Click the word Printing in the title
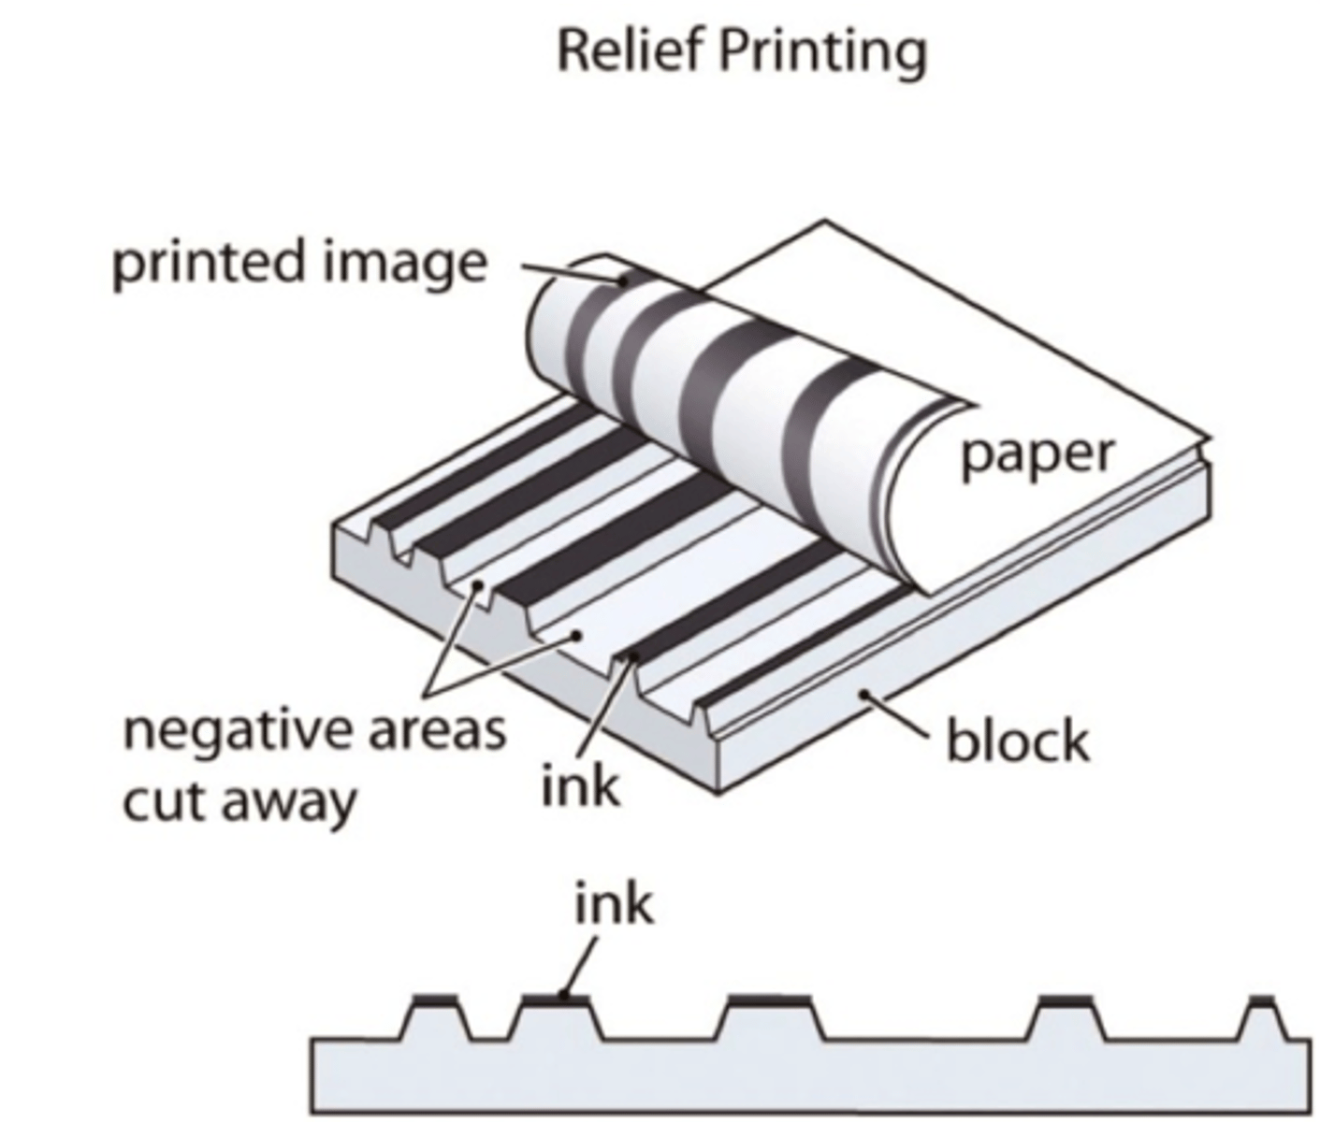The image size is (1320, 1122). pos(822,52)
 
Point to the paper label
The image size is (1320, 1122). pos(1037,454)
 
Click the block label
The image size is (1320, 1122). pos(1018,741)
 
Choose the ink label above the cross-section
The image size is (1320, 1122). pos(613,905)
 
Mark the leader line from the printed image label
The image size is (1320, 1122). pos(571,273)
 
